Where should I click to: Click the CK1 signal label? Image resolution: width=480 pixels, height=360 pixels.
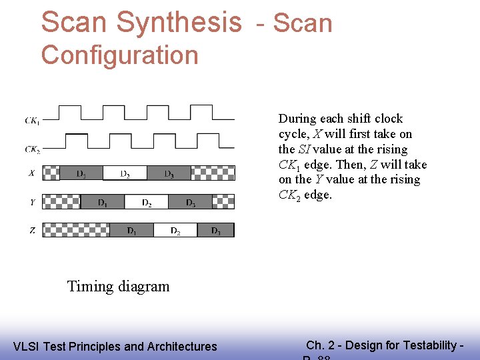[31, 121]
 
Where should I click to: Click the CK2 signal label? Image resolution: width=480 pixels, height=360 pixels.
[31, 149]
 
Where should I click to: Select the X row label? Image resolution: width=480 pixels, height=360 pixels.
[31, 173]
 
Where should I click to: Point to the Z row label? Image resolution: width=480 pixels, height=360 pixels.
[31, 231]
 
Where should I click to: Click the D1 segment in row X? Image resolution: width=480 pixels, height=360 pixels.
[81, 173]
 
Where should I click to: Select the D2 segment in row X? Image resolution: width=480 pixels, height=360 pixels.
[125, 173]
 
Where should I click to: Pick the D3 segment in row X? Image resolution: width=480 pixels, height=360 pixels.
[169, 173]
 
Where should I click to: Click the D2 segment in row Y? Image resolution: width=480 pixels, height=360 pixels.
[146, 202]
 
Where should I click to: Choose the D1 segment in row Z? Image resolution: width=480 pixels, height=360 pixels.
[132, 231]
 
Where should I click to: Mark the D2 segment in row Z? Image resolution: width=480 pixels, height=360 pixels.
[175, 231]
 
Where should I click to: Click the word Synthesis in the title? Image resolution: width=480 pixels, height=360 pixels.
[178, 22]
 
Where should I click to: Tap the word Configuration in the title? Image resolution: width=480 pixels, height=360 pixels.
[120, 55]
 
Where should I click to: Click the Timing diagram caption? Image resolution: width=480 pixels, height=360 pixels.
[118, 287]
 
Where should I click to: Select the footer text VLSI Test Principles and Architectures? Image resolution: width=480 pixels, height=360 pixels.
[115, 347]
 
